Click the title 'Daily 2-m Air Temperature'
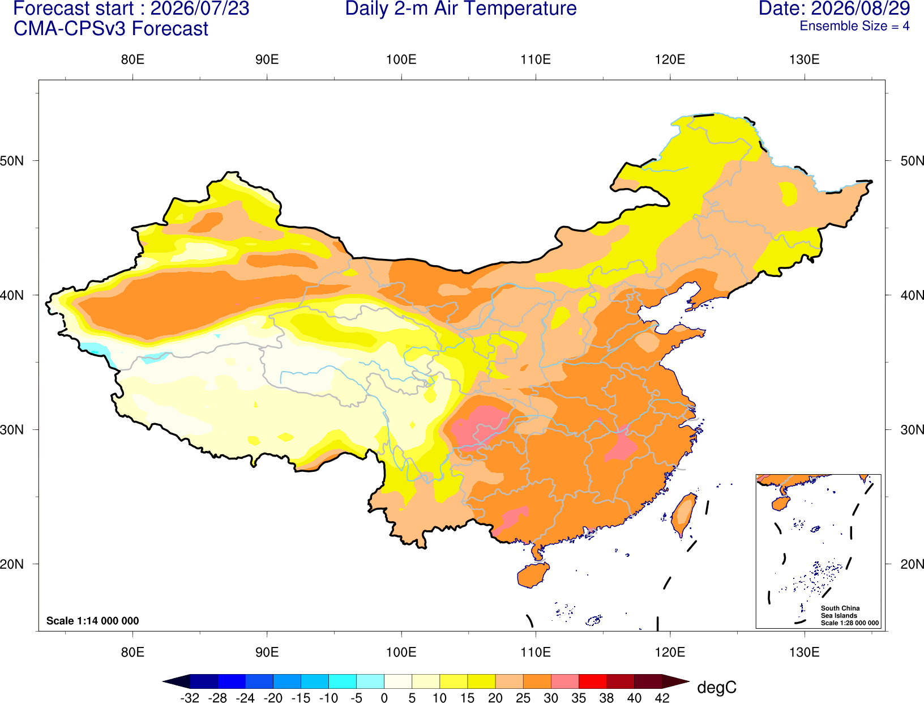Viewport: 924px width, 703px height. pos(460,8)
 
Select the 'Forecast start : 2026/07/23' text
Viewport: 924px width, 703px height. pos(131,8)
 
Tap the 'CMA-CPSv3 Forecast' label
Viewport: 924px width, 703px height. pos(111,29)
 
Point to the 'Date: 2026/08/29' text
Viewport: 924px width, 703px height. pos(834,8)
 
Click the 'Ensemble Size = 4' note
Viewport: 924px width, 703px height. pos(854,26)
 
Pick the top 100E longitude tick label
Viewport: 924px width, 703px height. pos(401,59)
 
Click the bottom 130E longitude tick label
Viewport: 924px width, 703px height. pos(804,653)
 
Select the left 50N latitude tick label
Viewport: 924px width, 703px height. pos(12,160)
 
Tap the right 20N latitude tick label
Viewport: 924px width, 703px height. pos(912,564)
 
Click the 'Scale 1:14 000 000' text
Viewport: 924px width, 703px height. pos(93,620)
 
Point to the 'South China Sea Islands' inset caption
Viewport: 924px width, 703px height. pos(840,612)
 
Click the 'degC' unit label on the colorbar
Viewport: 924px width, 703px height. pos(716,687)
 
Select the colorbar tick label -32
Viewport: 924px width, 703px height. pos(190,698)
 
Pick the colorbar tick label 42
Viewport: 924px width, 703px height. pos(662,698)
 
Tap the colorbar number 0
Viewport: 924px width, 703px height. pos(384,698)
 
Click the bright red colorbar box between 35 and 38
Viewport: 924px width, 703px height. pos(592,681)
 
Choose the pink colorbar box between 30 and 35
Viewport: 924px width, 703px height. pos(565,681)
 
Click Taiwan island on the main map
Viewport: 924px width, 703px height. pos(683,515)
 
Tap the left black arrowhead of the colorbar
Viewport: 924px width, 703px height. pos(177,681)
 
